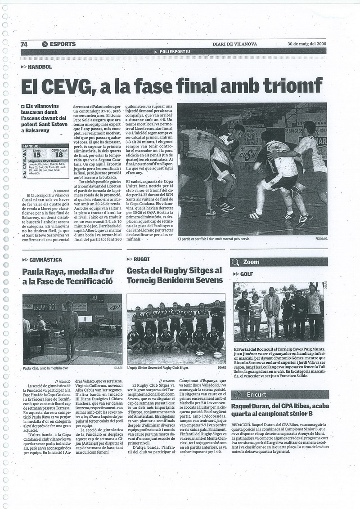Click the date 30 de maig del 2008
coord(307,44)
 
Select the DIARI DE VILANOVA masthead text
coord(238,44)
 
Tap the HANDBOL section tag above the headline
coord(40,67)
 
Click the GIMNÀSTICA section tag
coord(45,260)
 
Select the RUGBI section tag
coord(142,259)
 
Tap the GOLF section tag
coord(246,274)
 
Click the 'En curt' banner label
coord(257,394)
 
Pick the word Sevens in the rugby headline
coord(209,280)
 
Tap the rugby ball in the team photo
coord(217,355)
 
